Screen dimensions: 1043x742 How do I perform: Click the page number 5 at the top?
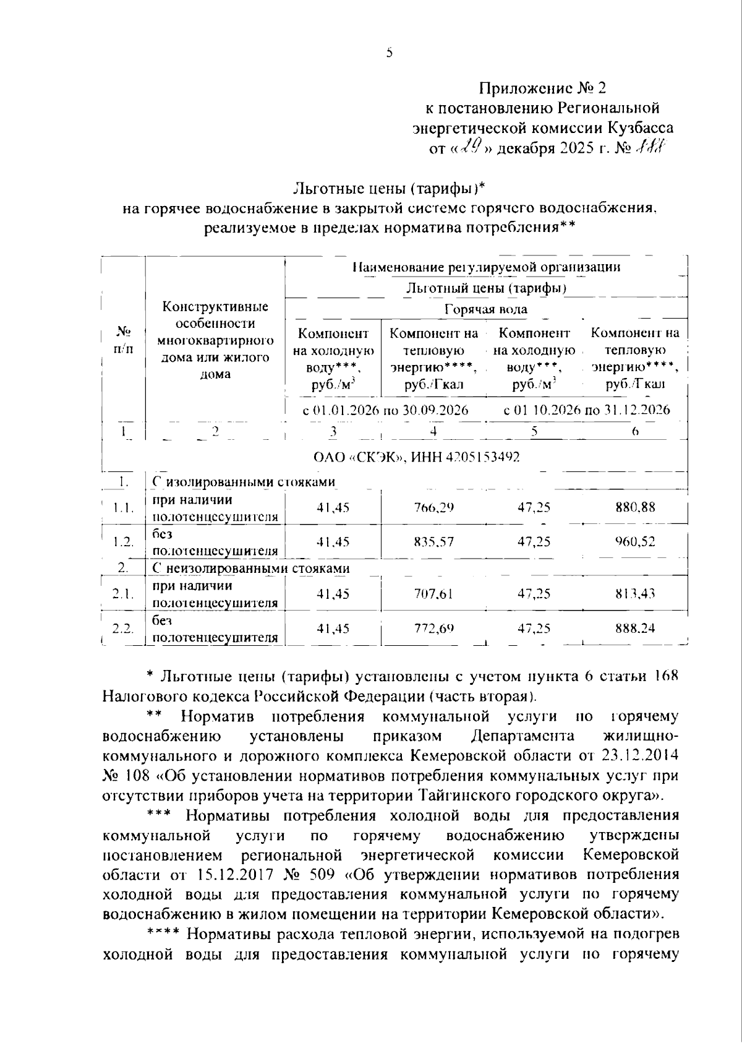pyautogui.click(x=389, y=53)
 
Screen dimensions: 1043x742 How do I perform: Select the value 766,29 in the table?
pyautogui.click(x=433, y=507)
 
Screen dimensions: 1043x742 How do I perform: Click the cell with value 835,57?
pyautogui.click(x=433, y=541)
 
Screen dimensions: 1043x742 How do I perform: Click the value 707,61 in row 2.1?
pyautogui.click(x=433, y=594)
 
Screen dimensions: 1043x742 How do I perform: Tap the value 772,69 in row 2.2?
pyautogui.click(x=433, y=628)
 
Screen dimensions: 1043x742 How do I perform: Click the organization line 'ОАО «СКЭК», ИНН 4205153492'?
pyautogui.click(x=417, y=457)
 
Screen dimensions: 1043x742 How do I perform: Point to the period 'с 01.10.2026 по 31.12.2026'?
pyautogui.click(x=587, y=410)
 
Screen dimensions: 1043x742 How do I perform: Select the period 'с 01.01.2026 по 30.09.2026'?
pyautogui.click(x=385, y=410)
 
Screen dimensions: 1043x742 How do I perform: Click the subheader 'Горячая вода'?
pyautogui.click(x=486, y=309)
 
